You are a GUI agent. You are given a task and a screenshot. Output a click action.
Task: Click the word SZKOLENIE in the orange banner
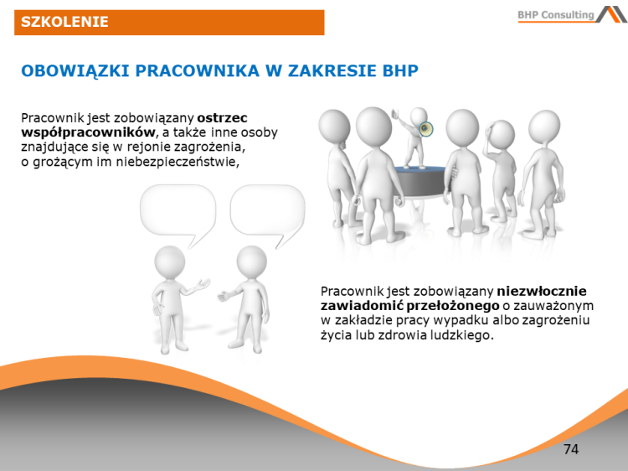point(65,22)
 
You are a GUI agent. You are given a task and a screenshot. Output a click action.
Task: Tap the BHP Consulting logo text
point(555,15)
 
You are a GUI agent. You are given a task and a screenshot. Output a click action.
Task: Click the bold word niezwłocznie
point(542,291)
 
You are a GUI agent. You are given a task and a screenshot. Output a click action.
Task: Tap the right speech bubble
point(267,211)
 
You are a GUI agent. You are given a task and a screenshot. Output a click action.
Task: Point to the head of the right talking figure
point(251,261)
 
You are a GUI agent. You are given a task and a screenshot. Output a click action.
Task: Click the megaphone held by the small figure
point(427,130)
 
